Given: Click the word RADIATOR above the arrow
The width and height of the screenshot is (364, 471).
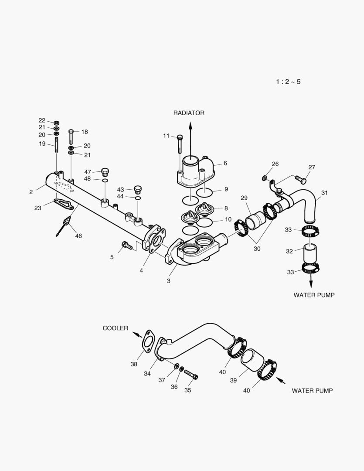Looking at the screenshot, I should point(189,113).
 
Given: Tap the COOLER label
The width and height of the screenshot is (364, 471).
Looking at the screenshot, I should point(116,328).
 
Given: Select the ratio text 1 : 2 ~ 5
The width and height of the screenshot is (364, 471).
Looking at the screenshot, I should point(288,82).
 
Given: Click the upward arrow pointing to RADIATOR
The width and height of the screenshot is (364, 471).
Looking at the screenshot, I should point(191,135).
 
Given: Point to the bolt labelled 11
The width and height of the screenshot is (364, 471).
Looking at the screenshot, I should point(180,144).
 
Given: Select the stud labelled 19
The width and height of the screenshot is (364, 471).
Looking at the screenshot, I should point(57,145).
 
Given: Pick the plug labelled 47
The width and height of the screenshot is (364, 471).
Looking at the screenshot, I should point(105,171).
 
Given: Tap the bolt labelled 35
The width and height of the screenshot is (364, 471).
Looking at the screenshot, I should point(191,374).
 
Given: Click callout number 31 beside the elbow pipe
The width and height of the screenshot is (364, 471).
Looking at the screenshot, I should point(324,192).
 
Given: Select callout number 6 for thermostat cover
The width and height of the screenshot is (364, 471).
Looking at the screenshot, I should point(225,163).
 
